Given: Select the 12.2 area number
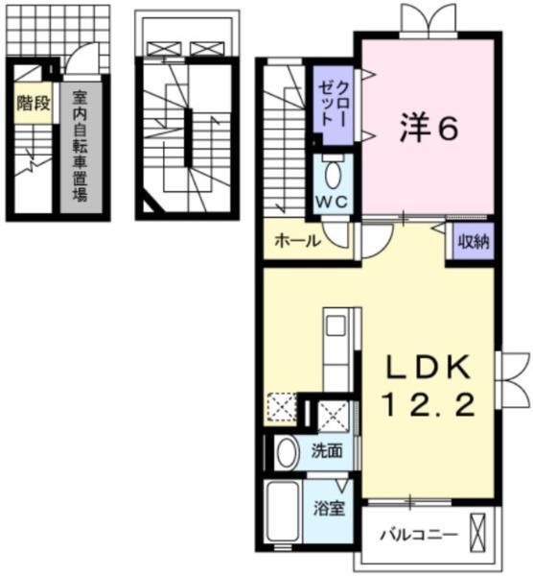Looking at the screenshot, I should click(429, 406).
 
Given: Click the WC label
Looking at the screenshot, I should click(331, 204).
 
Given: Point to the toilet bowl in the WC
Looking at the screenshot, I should click(332, 174).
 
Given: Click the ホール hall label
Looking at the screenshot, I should click(297, 241).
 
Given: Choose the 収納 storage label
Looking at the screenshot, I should click(473, 241).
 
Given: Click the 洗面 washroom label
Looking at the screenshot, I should click(327, 451).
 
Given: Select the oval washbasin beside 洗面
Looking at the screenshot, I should click(285, 452).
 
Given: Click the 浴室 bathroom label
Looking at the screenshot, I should click(331, 508).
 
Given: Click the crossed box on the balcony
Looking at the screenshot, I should click(480, 531).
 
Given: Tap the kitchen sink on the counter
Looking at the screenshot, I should click(336, 326).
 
